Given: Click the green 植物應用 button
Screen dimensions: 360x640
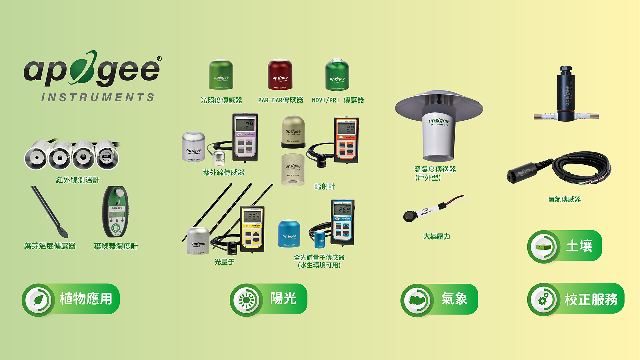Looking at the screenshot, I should [x=71, y=299].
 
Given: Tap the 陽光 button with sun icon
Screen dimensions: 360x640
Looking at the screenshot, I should [x=268, y=299].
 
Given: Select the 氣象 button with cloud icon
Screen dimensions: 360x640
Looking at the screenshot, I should [x=439, y=299].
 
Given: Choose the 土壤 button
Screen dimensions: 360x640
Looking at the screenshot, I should [x=564, y=246].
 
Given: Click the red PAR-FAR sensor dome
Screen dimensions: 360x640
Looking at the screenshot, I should [x=280, y=75].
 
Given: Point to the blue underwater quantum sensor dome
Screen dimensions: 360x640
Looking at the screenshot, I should [x=289, y=234].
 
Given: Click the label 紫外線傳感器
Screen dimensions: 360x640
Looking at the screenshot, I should [x=224, y=173].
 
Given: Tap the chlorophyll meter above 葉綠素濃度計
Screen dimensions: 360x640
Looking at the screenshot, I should [x=115, y=212].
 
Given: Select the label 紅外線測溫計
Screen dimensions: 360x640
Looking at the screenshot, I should [x=78, y=180].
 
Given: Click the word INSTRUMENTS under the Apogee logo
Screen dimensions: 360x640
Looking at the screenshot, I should [x=98, y=97].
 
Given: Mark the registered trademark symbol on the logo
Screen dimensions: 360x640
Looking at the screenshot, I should [x=159, y=59].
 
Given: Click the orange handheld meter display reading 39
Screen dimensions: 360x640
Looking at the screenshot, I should [x=346, y=128].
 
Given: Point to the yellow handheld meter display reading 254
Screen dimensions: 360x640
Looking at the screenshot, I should [x=252, y=216].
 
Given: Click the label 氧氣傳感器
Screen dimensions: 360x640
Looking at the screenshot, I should [x=564, y=199].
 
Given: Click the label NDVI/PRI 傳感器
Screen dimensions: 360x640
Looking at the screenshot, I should [x=338, y=100].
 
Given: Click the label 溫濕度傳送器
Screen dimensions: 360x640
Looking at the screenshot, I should [x=435, y=169].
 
